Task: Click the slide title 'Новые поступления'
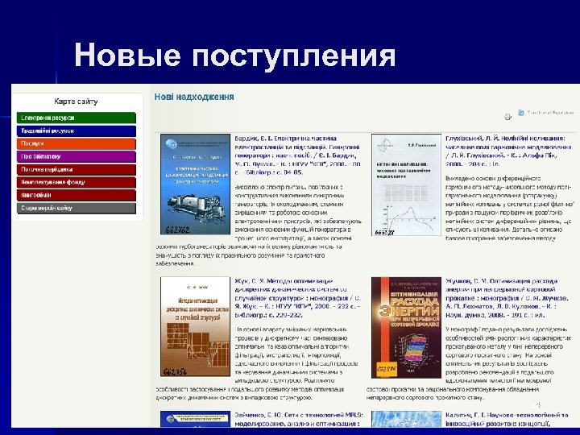pyautogui.click(x=234, y=56)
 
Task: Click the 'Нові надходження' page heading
pyautogui.click(x=194, y=97)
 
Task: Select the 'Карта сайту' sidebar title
pyautogui.click(x=77, y=102)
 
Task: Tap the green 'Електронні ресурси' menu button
pyautogui.click(x=77, y=118)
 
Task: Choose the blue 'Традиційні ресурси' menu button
pyautogui.click(x=77, y=130)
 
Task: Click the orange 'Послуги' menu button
pyautogui.click(x=77, y=143)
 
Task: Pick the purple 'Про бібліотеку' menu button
pyautogui.click(x=77, y=156)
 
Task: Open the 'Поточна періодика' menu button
pyautogui.click(x=77, y=169)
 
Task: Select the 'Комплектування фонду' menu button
pyautogui.click(x=77, y=182)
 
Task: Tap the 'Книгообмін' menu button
pyautogui.click(x=77, y=195)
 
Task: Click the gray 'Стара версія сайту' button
pyautogui.click(x=77, y=208)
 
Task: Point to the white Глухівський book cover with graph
pyautogui.click(x=406, y=185)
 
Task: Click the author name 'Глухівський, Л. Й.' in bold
pyautogui.click(x=479, y=139)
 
